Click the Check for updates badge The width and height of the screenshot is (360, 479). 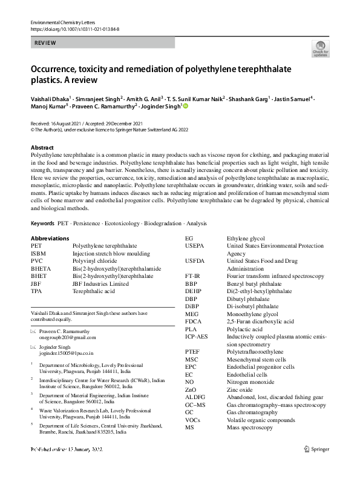point(319,48)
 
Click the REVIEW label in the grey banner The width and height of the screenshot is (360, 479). point(46,43)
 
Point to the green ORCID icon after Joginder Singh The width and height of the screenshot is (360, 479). point(186,106)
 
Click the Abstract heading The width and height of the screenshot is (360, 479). point(42,148)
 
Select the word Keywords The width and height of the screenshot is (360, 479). point(42,223)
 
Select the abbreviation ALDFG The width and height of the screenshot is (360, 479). point(195,397)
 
